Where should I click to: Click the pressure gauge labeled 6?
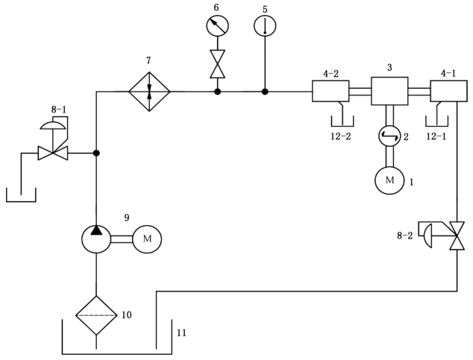coord(217,25)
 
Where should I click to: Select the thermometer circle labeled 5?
coord(265,25)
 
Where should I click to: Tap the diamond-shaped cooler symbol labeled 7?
coord(149,91)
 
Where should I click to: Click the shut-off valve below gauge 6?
coord(217,64)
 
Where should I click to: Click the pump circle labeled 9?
coord(96,239)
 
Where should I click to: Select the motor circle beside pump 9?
coord(147,239)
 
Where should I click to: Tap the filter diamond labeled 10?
coord(96,315)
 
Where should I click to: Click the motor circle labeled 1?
coord(389,180)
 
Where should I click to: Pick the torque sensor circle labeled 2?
coord(389,136)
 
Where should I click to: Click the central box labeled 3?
coord(389,91)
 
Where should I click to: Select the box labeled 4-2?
coord(331,91)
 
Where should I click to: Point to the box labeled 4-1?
coord(448,91)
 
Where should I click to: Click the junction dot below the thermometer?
coord(265,91)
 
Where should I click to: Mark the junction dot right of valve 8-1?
coord(96,153)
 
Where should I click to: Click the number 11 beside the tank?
coord(181,333)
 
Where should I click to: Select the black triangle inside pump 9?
coord(96,230)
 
